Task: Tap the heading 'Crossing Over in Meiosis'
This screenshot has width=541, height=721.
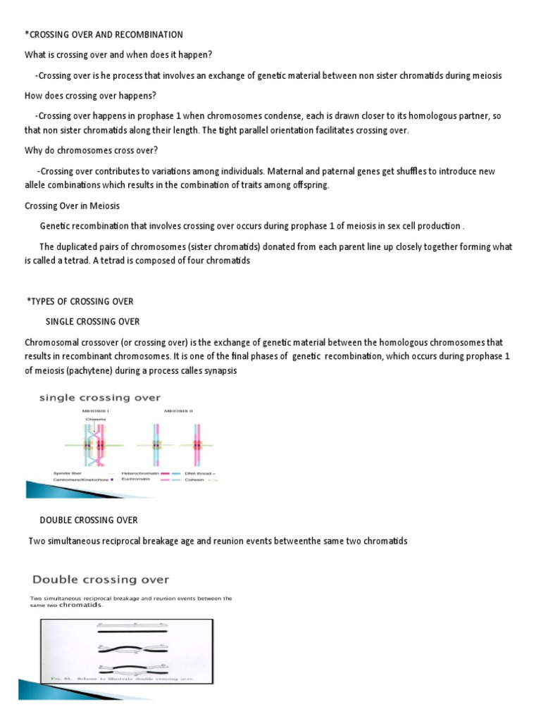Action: pos(73,206)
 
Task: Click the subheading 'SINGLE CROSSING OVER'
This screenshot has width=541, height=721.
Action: pos(92,322)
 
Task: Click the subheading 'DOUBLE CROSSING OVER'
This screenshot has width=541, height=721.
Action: pos(88,520)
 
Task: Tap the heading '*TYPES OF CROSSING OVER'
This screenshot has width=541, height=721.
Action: pos(80,301)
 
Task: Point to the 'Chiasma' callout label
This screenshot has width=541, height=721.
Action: pos(93,420)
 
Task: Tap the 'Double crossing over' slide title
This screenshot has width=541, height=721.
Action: pos(99,579)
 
